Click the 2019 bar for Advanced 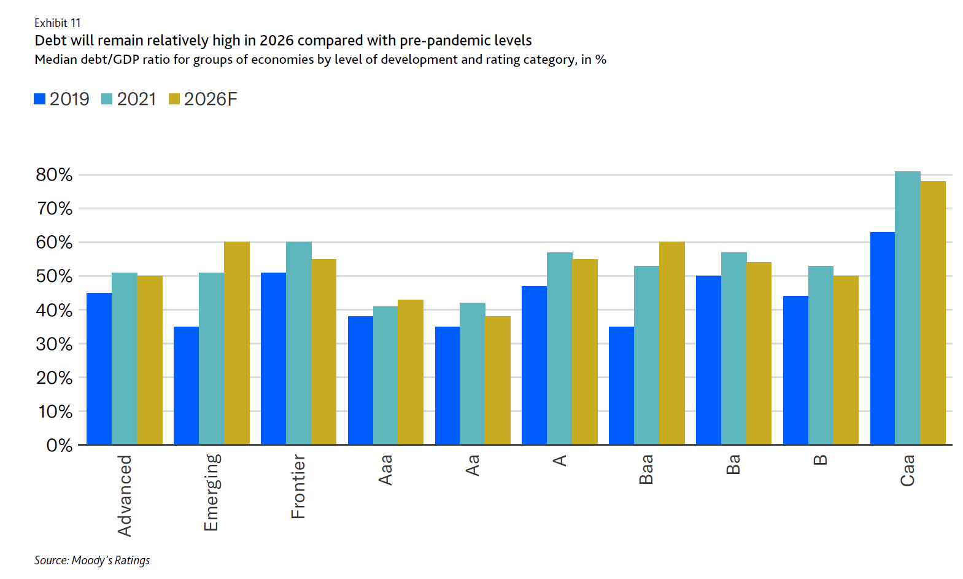[99, 368]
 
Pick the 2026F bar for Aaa [411, 371]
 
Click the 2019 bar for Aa [447, 385]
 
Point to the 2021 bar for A [559, 348]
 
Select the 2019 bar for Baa [621, 385]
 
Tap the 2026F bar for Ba [759, 353]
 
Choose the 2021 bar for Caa [908, 308]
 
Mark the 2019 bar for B [795, 370]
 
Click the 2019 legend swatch [40, 99]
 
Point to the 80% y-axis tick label [54, 175]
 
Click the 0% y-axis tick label [59, 445]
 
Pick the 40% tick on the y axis [54, 310]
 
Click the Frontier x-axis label [298, 486]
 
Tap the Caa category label [908, 470]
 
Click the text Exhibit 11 [58, 23]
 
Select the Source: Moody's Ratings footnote [92, 560]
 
